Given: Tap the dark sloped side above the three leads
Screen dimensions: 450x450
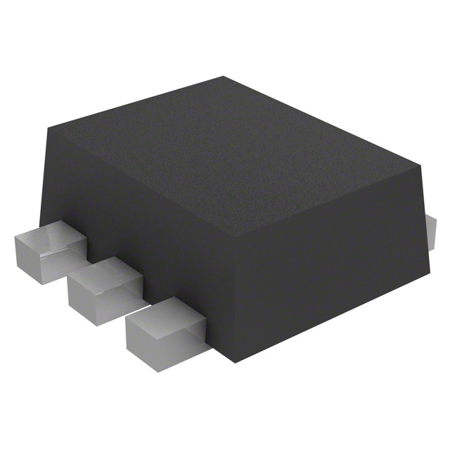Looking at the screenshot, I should click(141, 232).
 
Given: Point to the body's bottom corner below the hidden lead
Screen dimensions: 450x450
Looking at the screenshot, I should click(431, 271).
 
